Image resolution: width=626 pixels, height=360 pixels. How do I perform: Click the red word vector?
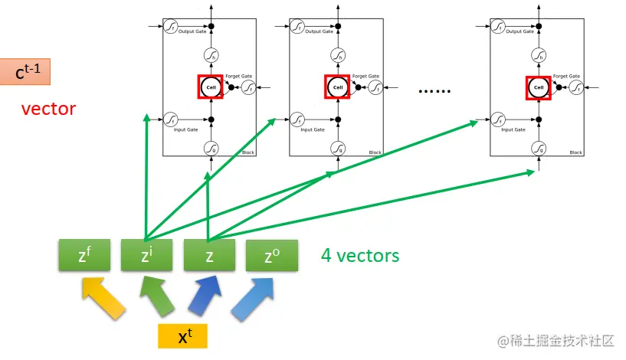(x=48, y=109)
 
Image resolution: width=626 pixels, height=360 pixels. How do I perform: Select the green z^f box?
(x=84, y=256)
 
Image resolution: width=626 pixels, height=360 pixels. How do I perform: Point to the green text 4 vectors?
(x=360, y=255)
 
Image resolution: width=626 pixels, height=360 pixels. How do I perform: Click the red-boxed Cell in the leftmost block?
(x=211, y=87)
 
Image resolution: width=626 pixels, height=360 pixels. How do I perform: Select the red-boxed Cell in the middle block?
(x=336, y=87)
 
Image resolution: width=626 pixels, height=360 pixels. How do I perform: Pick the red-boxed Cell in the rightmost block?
(x=538, y=87)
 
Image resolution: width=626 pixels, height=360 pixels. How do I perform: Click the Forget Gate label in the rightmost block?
(x=565, y=77)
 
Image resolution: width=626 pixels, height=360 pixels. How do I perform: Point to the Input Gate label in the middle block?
(x=313, y=129)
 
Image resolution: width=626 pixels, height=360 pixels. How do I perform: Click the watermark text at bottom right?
(x=557, y=340)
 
